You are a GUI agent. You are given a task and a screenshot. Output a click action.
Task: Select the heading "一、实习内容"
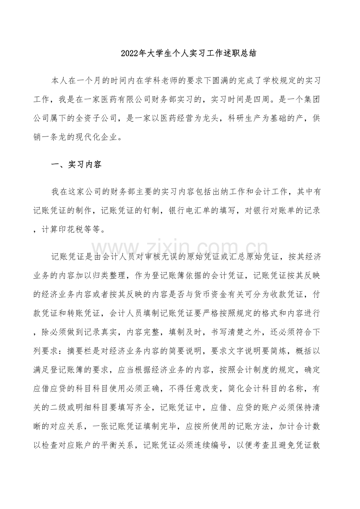[x=76, y=165]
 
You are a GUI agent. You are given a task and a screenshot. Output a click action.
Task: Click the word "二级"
[x=68, y=407]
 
